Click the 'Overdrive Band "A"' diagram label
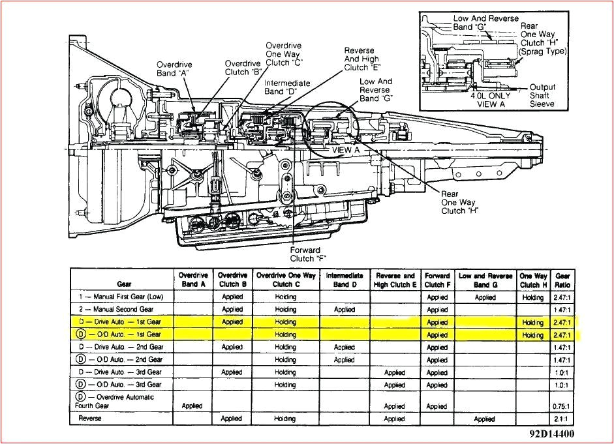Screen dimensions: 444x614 point(173,68)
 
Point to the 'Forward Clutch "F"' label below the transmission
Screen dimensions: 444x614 point(305,254)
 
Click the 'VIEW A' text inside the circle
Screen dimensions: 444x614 point(346,149)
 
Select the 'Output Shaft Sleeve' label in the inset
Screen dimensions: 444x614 point(542,95)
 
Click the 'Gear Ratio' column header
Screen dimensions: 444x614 point(562,280)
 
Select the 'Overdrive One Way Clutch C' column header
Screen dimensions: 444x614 point(285,280)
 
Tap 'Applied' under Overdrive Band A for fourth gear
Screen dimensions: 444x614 point(192,406)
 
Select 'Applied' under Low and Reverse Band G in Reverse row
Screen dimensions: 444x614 point(485,419)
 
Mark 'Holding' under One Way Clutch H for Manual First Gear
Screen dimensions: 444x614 point(533,297)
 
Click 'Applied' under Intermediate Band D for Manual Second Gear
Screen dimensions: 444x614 point(344,310)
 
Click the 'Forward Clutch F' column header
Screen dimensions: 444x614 point(437,280)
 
